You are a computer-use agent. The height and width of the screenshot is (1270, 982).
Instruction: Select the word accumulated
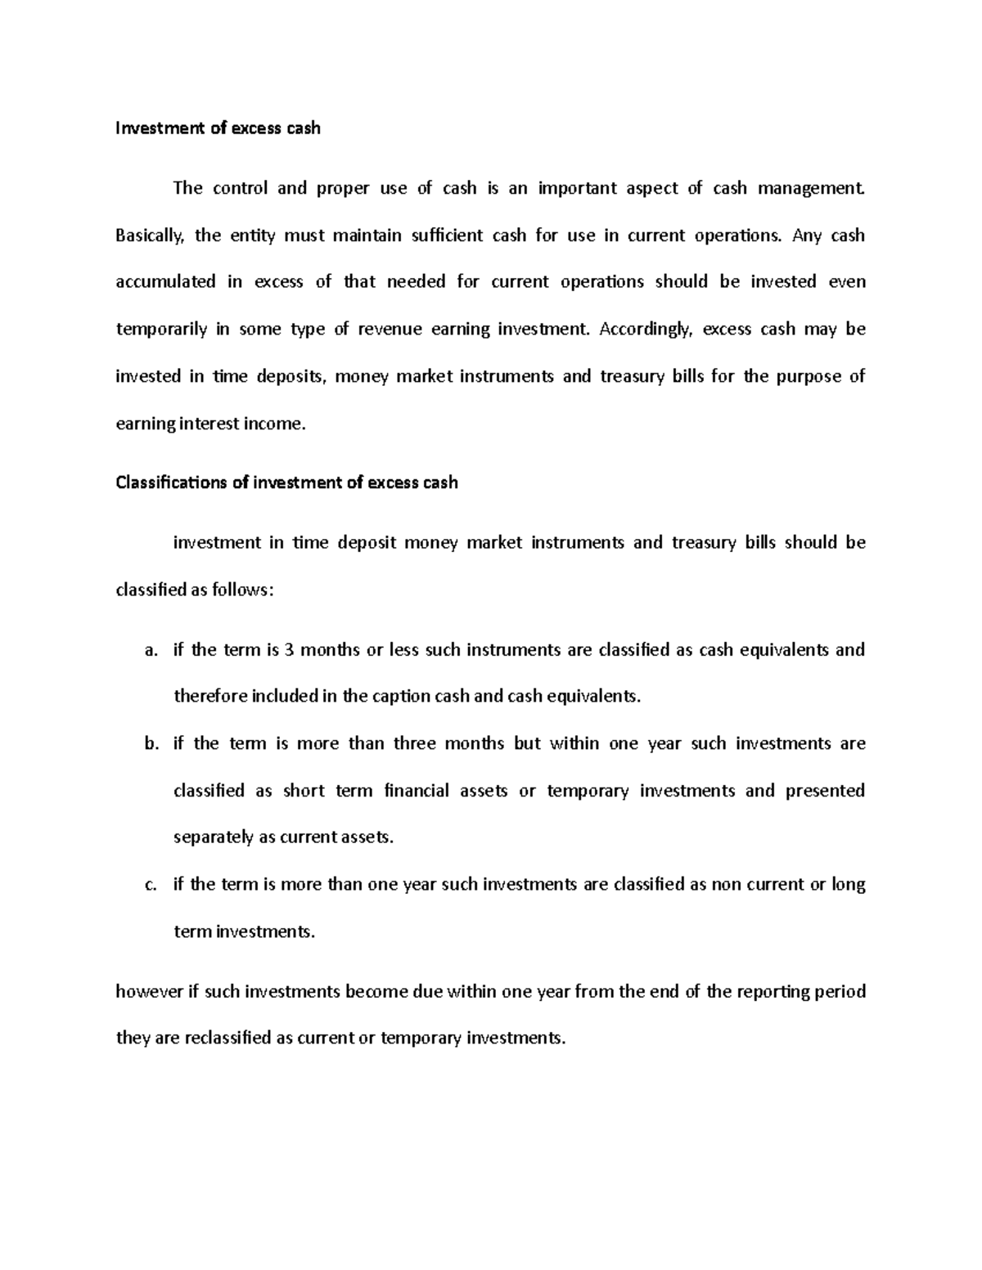coord(166,282)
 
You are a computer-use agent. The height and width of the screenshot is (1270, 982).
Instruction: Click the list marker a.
coord(149,651)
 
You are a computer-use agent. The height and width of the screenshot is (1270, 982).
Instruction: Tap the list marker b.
coord(149,744)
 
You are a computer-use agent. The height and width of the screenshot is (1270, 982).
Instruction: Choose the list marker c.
coord(149,885)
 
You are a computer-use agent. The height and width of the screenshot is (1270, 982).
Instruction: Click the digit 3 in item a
coord(289,650)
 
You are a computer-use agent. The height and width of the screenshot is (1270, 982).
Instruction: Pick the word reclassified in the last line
coord(228,1039)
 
